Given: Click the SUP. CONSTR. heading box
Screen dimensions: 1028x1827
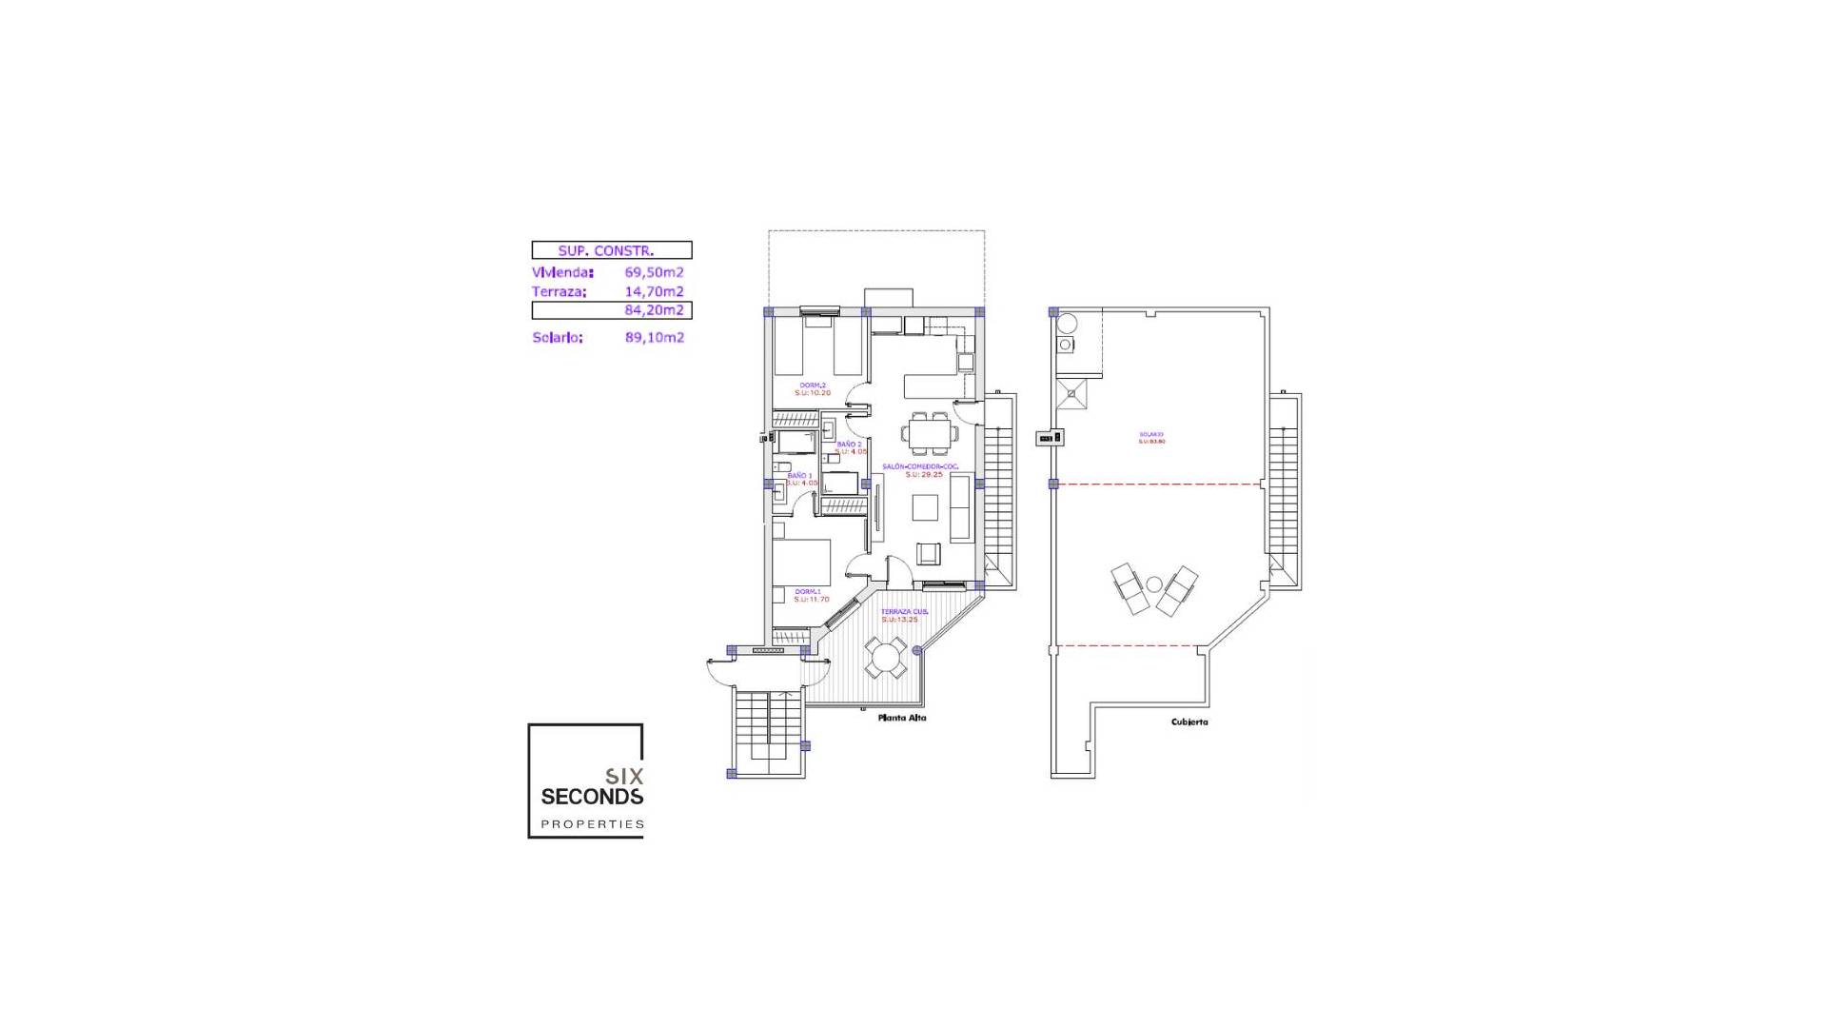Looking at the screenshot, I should (611, 250).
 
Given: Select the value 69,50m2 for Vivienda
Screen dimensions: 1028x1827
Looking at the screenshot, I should (654, 272).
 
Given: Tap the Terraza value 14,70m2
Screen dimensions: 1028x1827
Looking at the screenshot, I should (654, 291).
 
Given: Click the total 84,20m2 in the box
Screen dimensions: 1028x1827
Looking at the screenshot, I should (654, 310).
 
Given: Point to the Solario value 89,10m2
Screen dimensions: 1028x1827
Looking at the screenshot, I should (654, 337).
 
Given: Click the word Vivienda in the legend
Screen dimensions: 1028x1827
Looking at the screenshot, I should (562, 272).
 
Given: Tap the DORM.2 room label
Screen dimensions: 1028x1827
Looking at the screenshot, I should (813, 385).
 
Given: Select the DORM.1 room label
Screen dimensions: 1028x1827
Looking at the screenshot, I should (808, 591).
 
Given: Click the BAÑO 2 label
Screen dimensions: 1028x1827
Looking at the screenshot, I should (849, 445).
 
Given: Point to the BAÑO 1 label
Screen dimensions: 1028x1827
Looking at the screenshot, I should (799, 475).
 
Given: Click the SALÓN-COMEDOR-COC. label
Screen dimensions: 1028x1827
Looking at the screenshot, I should (920, 466).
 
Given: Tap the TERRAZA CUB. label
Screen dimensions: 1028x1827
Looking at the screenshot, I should (903, 611).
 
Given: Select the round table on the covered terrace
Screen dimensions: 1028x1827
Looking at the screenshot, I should (886, 658).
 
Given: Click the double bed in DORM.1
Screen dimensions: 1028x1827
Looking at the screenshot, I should (801, 563).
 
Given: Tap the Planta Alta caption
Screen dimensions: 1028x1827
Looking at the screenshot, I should (901, 718).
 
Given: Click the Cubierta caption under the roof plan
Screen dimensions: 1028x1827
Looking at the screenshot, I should (1189, 722).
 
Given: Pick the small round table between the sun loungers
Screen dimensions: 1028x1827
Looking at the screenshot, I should (1154, 584).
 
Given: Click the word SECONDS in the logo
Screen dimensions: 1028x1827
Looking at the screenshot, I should (592, 797).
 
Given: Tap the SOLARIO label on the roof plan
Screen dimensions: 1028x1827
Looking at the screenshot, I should (1151, 434).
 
